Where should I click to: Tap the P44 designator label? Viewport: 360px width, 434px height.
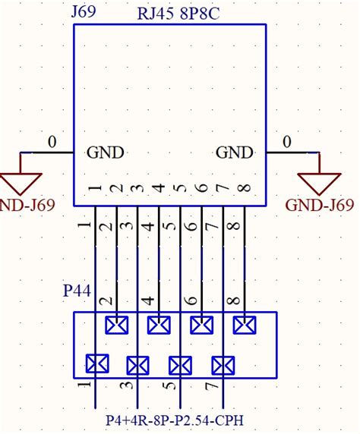tap(77, 291)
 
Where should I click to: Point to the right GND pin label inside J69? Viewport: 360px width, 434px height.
tap(234, 153)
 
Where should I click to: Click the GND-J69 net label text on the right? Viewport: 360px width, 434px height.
tap(319, 205)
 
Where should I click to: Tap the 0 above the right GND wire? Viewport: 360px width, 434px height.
tap(287, 142)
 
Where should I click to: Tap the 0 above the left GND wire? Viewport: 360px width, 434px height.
tap(52, 142)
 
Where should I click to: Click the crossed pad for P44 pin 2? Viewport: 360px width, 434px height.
tap(116, 325)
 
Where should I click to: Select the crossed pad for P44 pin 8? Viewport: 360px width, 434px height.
tap(243, 325)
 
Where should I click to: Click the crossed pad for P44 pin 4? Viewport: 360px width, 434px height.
tap(158, 325)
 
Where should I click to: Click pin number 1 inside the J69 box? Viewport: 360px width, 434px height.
tap(95, 189)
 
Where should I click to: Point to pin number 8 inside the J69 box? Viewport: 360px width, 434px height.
tap(243, 189)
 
